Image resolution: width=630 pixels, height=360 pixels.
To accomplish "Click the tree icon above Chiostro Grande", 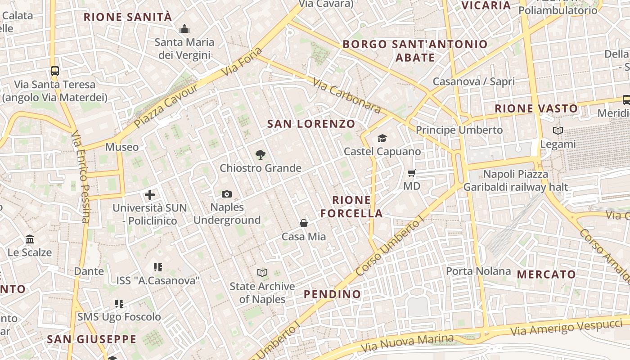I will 260,155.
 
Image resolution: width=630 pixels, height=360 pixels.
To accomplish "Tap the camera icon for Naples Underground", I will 227,194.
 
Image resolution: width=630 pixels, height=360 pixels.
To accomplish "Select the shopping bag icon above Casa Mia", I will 304,223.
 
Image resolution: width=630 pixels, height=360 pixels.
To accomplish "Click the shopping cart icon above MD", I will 411,173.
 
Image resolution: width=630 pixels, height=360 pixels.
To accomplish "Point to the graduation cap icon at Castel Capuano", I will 382,138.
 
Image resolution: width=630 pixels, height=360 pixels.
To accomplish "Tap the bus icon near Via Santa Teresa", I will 55,71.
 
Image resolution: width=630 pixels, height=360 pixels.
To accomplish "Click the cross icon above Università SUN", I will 150,195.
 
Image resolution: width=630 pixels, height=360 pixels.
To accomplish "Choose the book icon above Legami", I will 558,131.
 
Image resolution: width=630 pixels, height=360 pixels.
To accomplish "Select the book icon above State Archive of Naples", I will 262,273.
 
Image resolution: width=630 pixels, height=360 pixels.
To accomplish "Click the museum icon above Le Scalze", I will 30,239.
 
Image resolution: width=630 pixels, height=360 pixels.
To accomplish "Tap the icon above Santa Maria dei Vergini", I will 184,30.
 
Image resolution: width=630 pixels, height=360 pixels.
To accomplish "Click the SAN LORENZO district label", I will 311,124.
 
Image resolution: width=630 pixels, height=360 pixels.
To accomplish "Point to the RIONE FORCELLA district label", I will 351,207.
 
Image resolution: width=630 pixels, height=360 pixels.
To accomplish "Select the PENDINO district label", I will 333,294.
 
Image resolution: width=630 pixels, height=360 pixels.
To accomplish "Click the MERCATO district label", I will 546,274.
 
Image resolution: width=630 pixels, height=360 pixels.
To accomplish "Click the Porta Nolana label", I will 478,271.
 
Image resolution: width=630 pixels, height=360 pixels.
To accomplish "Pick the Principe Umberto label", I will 459,130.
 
